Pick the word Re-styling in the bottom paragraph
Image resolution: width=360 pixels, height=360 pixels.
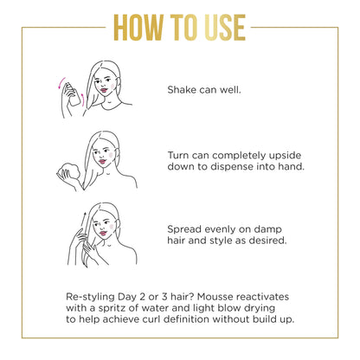[96, 295]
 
